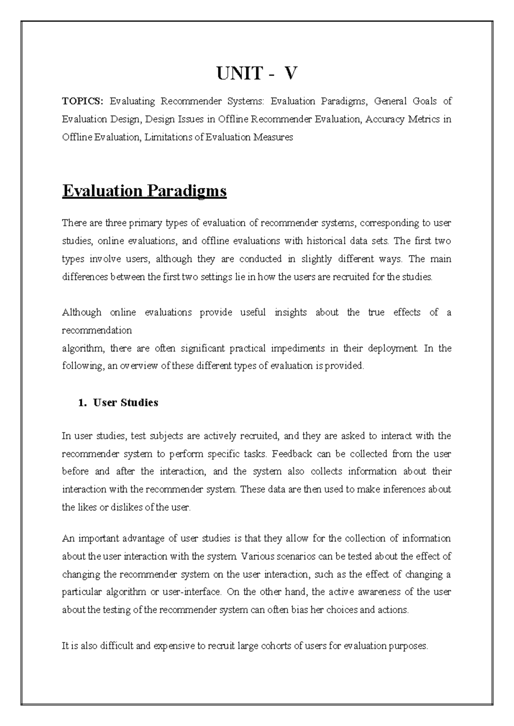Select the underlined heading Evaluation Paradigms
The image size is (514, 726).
coord(144,190)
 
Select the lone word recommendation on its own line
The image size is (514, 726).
coord(97,330)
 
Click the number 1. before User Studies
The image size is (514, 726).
coord(83,402)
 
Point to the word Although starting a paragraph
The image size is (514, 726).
coord(81,312)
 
